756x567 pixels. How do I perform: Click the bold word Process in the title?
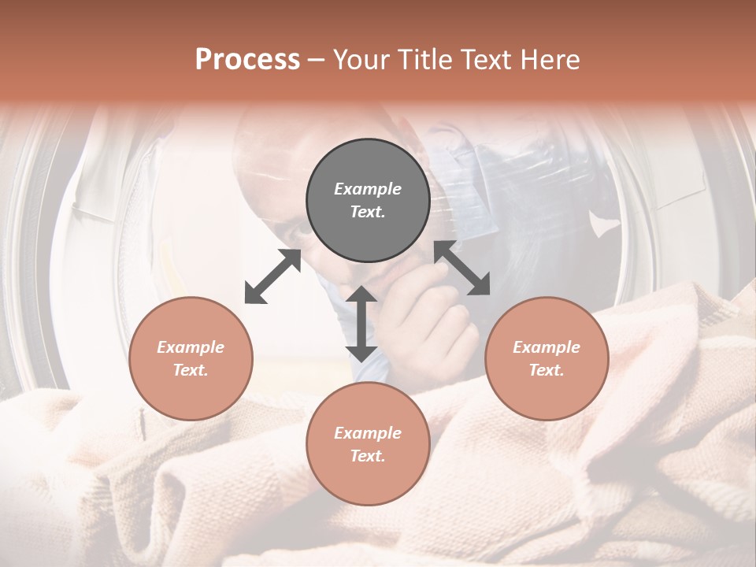(247, 59)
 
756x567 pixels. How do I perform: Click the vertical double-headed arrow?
(361, 324)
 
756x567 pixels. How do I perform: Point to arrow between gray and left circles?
(273, 276)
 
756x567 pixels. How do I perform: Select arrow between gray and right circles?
(462, 268)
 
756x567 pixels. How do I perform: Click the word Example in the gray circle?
(368, 189)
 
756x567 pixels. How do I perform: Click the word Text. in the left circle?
(191, 370)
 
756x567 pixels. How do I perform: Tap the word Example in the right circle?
(547, 347)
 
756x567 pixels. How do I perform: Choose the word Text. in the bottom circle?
(368, 456)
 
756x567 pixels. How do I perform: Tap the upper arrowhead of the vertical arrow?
(361, 295)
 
